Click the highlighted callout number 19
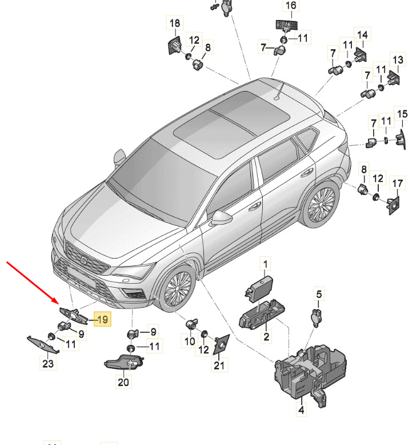point(102,319)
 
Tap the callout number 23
point(48,363)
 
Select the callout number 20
point(123,382)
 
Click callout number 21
point(219,365)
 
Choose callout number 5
point(319,294)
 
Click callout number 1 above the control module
point(265,264)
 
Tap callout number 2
point(266,336)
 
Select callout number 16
point(291,5)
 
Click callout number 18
point(175,23)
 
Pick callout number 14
point(362,35)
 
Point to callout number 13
point(398,59)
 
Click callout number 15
point(402,114)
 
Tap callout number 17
point(397,183)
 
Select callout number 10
point(189,341)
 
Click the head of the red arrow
point(57,301)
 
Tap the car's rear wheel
point(321,204)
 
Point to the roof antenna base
point(277,98)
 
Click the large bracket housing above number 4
point(310,371)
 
